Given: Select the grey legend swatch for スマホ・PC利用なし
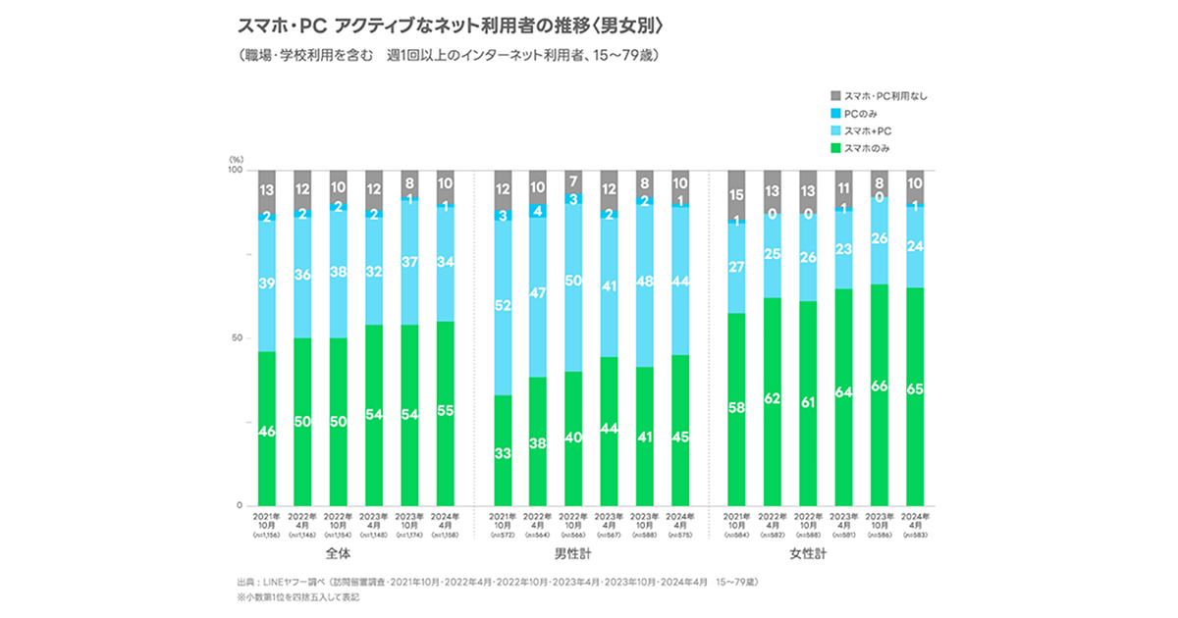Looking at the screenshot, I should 835,95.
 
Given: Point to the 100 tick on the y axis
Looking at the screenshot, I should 235,171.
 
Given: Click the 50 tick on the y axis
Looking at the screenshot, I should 237,338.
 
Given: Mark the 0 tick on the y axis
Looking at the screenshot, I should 239,505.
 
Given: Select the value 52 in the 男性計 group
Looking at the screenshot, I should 504,306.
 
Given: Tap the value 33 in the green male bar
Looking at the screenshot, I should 504,453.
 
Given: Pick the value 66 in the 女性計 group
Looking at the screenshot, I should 880,386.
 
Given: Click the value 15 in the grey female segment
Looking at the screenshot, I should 737,195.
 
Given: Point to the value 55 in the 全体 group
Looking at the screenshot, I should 445,411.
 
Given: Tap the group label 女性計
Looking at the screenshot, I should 825,555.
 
